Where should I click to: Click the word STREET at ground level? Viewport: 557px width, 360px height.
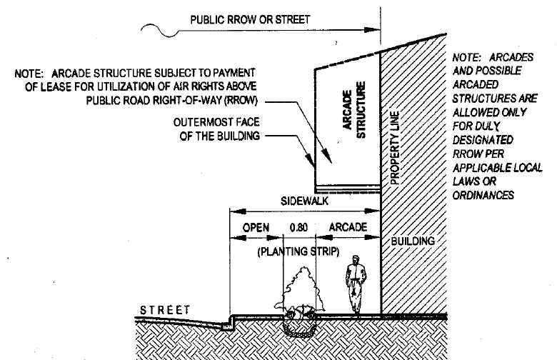(165, 310)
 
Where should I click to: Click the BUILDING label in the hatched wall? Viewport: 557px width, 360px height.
(413, 241)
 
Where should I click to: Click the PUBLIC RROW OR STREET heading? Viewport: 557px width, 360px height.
(249, 19)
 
